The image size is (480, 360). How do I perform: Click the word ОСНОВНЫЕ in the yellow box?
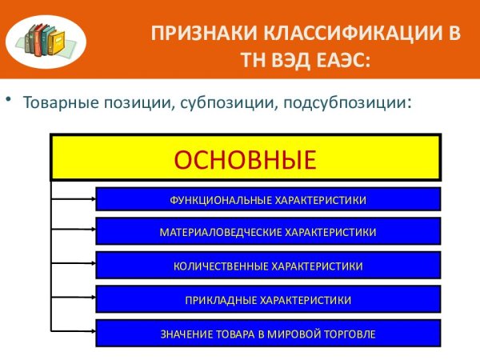(x=245, y=158)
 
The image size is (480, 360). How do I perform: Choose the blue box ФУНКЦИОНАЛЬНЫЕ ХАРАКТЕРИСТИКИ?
(x=268, y=199)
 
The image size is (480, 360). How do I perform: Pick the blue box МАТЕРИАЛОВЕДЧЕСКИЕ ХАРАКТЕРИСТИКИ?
(x=268, y=232)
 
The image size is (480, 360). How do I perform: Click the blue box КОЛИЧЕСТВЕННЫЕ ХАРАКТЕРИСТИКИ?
(x=268, y=265)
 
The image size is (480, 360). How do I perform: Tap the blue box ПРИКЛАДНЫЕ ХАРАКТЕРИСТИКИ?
(x=268, y=299)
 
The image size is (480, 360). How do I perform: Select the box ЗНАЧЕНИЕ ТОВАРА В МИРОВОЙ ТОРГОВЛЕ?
(x=268, y=333)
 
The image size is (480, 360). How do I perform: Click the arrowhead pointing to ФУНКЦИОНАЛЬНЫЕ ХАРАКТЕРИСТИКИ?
(x=92, y=199)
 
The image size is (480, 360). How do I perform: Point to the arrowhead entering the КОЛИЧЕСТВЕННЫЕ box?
(x=92, y=265)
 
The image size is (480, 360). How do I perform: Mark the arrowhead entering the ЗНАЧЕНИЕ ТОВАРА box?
(x=92, y=333)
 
